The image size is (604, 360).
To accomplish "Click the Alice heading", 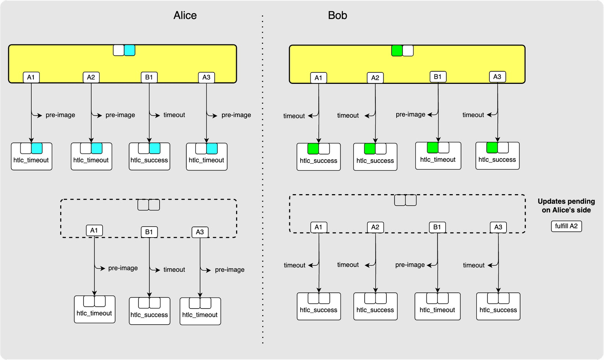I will (185, 15).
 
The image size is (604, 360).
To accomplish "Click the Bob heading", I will (337, 15).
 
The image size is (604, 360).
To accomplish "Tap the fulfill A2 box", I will (566, 226).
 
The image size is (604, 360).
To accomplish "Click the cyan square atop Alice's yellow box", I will (129, 50).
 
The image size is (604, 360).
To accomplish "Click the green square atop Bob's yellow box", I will (397, 51).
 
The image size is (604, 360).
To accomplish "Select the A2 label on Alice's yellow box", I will (91, 77).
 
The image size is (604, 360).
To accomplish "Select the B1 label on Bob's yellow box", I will (437, 77).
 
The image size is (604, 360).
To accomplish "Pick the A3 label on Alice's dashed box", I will (200, 232).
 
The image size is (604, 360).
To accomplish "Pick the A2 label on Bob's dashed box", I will (375, 227).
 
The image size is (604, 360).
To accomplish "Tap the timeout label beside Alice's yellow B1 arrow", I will (174, 115).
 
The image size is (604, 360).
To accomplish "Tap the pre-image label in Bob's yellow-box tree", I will (410, 115).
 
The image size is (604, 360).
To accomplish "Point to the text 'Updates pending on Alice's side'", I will (566, 206).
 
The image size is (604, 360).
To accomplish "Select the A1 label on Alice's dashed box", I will (94, 231).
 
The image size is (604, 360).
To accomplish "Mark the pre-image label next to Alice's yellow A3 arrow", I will (236, 115).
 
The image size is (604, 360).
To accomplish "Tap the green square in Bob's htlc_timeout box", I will (433, 148).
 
